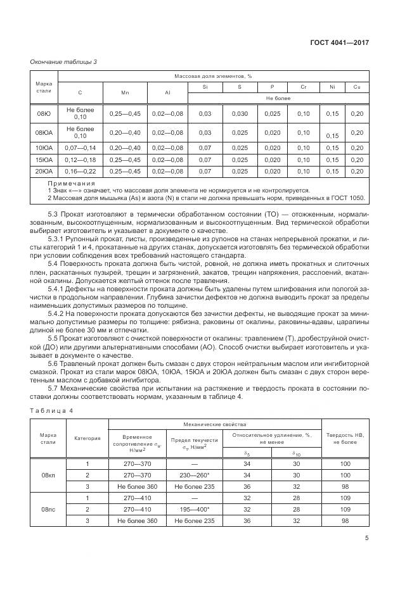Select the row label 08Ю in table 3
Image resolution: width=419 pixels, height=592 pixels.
tap(44, 113)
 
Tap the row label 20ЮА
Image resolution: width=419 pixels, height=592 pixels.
tap(44, 171)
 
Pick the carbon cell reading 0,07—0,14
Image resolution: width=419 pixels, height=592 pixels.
tap(80, 148)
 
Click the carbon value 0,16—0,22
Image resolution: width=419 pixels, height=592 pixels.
tap(80, 171)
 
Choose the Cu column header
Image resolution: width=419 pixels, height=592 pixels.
tap(357, 86)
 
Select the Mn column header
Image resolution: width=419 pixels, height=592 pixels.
tap(124, 93)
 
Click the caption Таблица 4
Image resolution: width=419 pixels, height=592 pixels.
tap(51, 410)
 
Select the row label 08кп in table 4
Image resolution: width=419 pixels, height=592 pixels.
tap(48, 474)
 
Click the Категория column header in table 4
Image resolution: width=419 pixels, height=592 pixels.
tap(87, 438)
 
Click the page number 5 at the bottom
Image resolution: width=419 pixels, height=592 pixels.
tap(367, 540)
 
